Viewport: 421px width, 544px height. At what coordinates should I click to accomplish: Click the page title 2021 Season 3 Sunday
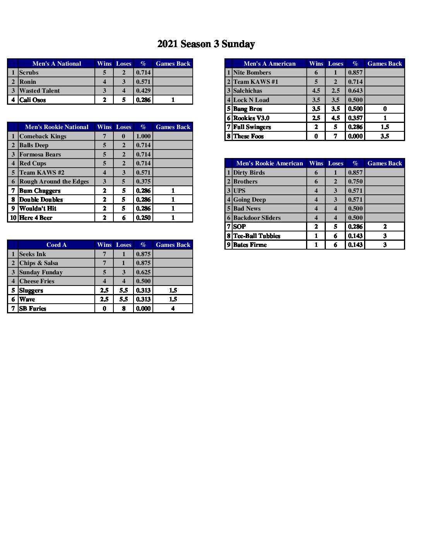[206, 44]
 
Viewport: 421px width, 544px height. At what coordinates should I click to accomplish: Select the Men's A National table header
[56, 64]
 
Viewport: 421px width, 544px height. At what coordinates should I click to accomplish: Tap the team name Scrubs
[29, 73]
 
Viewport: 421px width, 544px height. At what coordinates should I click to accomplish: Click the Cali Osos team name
[33, 100]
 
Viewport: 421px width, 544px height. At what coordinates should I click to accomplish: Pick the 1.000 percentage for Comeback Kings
[143, 136]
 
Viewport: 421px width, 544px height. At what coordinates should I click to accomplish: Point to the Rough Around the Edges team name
[54, 182]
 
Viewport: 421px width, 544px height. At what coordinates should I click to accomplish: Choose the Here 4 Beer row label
[36, 218]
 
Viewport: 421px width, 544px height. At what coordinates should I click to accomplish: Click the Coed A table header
[56, 245]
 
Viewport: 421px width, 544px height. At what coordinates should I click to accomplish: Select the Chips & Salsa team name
[39, 263]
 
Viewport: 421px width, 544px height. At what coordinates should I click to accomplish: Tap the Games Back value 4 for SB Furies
[173, 309]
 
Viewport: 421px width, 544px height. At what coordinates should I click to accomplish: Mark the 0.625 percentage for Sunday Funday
[143, 272]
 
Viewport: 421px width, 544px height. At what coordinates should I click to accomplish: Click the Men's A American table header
[269, 64]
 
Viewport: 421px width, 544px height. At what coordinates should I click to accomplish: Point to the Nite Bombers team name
[252, 73]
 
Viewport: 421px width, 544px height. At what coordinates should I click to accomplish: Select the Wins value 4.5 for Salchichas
[316, 91]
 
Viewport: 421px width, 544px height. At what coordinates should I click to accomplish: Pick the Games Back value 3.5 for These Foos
[385, 136]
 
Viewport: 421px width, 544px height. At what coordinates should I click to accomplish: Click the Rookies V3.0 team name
[251, 118]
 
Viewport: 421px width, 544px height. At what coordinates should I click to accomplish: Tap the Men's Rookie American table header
[269, 163]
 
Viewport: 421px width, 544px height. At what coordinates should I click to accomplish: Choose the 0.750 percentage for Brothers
[355, 182]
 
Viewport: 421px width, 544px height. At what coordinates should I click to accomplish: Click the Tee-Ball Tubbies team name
[257, 236]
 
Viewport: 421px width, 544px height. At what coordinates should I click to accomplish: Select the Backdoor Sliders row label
[257, 218]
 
